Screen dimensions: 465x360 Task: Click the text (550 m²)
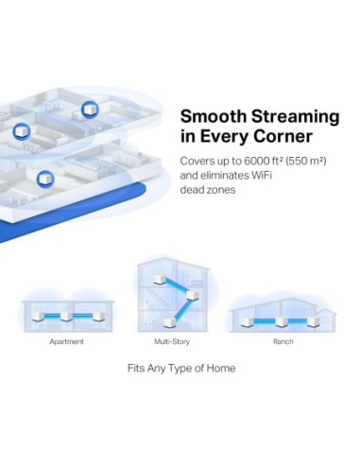pyautogui.click(x=303, y=161)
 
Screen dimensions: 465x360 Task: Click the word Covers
pyautogui.click(x=196, y=161)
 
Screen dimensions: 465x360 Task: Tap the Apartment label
pyautogui.click(x=67, y=340)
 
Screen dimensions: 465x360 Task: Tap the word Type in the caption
pyautogui.click(x=187, y=368)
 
